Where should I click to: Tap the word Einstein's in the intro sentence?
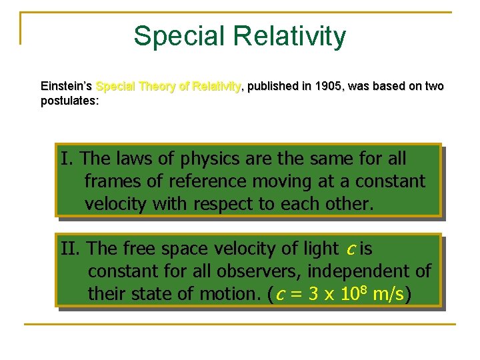click(67, 86)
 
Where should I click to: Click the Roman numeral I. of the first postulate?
click(67, 159)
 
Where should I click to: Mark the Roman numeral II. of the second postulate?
click(71, 249)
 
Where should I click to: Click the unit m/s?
click(389, 294)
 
